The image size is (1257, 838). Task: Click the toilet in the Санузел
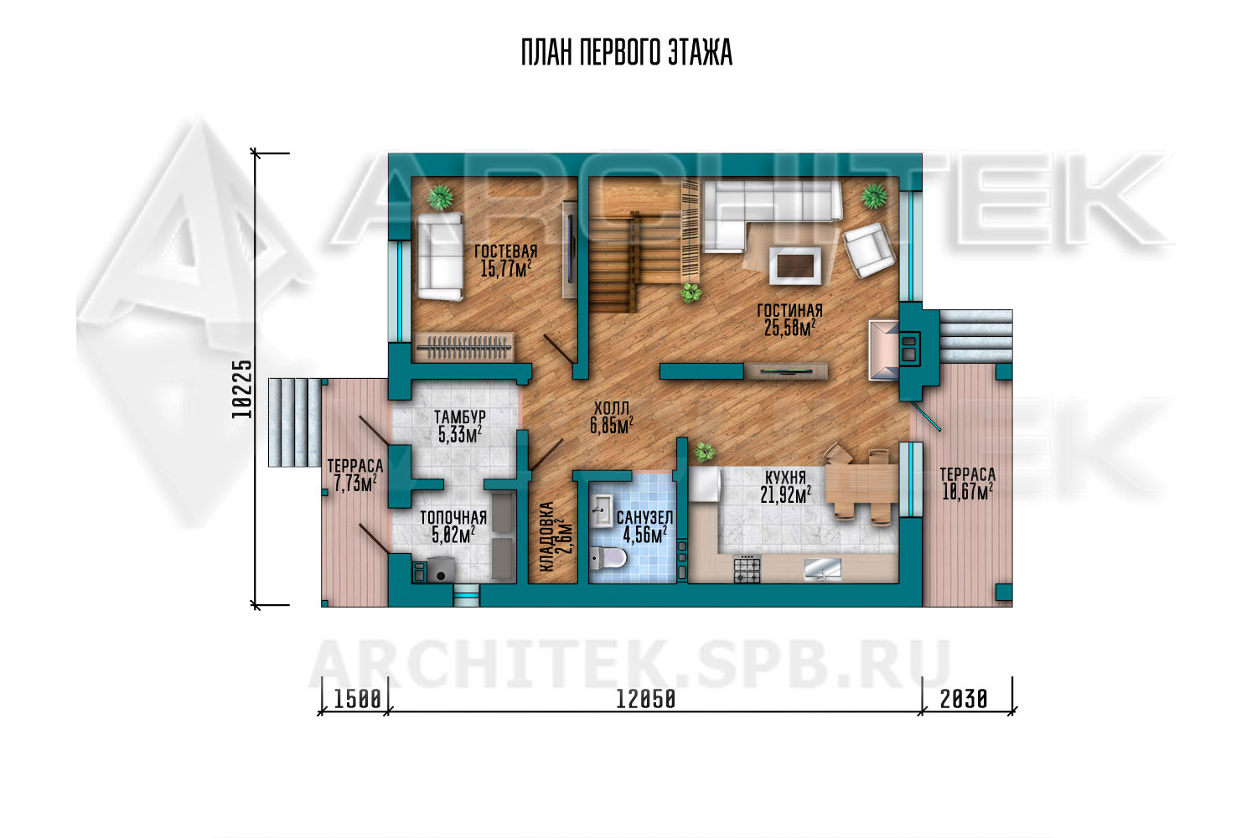click(608, 558)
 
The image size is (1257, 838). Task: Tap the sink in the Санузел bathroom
click(602, 510)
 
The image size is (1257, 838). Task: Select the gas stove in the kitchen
click(747, 569)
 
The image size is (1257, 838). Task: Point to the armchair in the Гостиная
click(869, 251)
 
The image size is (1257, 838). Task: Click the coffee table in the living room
click(795, 266)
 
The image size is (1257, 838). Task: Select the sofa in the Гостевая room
click(440, 256)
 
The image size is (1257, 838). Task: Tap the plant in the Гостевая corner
click(439, 197)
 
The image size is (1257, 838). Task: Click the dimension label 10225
click(242, 389)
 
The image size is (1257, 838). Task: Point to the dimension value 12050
click(646, 700)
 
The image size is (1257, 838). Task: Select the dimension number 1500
click(358, 700)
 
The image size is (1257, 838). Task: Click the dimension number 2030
click(964, 700)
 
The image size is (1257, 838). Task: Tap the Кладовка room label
click(546, 537)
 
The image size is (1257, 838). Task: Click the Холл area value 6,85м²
click(611, 426)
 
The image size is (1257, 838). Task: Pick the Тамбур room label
click(460, 417)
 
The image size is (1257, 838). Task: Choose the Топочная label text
click(453, 518)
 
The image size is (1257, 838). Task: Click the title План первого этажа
click(627, 53)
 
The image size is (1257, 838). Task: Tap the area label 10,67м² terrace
click(967, 492)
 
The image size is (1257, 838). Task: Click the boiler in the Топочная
click(441, 570)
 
